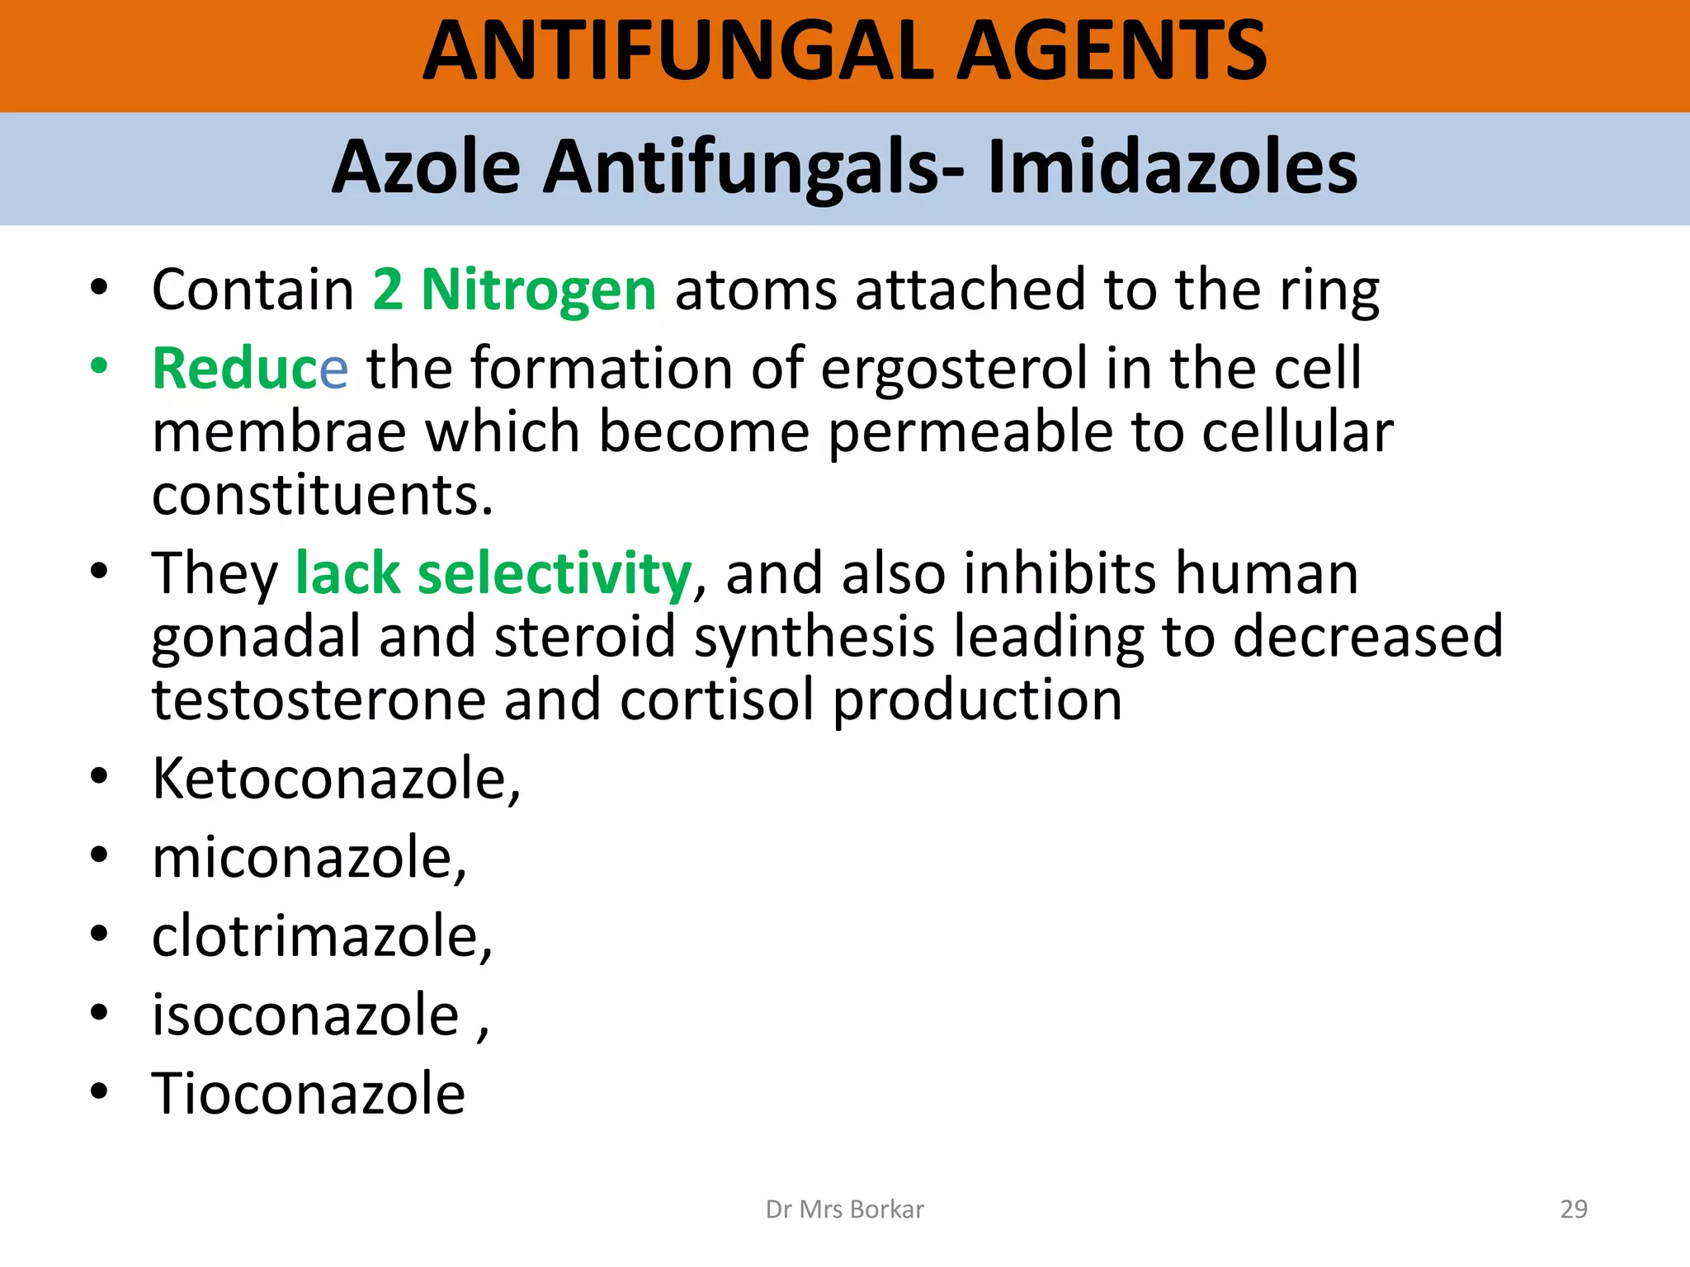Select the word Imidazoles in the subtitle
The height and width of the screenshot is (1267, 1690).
coord(1172,167)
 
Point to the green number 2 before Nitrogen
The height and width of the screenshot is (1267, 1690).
coord(388,290)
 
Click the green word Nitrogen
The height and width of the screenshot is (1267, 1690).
coord(539,290)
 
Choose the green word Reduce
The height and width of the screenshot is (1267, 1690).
coord(250,369)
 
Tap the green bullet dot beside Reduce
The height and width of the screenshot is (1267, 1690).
coord(99,365)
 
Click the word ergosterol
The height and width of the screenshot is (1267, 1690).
coord(954,369)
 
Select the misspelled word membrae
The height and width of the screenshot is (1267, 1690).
coord(279,432)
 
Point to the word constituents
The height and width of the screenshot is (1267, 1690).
coord(322,496)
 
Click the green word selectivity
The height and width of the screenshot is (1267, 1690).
coord(555,574)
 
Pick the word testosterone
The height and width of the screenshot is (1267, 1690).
coord(319,700)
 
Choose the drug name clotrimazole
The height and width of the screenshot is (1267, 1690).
coord(322,937)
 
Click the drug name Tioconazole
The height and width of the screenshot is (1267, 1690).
coord(309,1094)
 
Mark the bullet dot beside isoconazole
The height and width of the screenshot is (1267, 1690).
coord(99,1012)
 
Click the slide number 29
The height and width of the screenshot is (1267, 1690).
coord(1574,1209)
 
